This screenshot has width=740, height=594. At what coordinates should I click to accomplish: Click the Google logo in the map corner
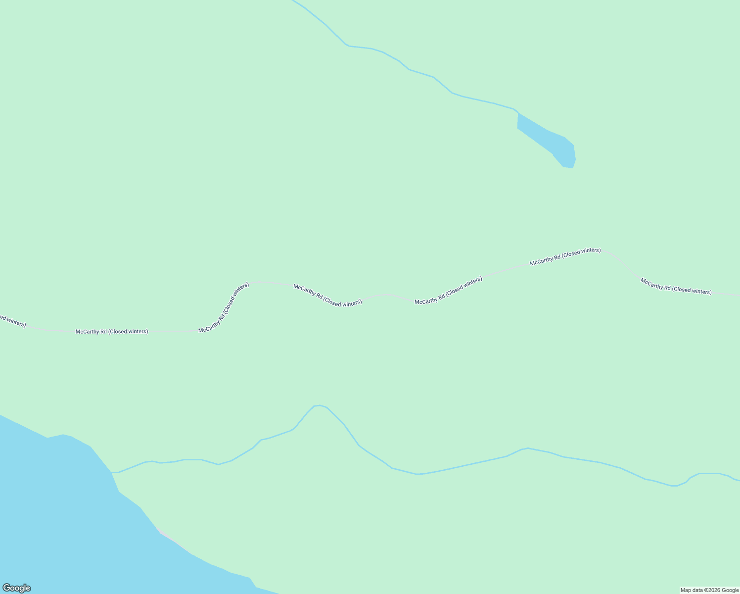point(16,588)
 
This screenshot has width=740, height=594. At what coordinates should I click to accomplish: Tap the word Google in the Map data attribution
point(730,590)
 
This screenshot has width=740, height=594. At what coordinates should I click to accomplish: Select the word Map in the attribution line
point(686,590)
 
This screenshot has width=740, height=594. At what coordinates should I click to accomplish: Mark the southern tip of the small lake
point(568,167)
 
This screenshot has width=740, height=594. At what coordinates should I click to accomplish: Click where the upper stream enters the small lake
point(517,113)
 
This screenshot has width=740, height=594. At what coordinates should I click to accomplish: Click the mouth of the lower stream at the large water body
point(112,472)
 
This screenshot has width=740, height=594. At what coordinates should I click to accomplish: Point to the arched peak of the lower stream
point(319,406)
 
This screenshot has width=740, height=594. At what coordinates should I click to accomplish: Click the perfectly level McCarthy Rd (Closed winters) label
point(112,332)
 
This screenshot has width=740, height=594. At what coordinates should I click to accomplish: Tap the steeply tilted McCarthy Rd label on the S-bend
point(224,307)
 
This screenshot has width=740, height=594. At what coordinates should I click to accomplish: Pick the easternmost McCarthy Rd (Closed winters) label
point(676,286)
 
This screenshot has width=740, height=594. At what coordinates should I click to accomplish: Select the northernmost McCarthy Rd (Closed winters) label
point(565,256)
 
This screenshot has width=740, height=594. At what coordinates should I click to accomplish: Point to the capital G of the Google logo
point(6,588)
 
